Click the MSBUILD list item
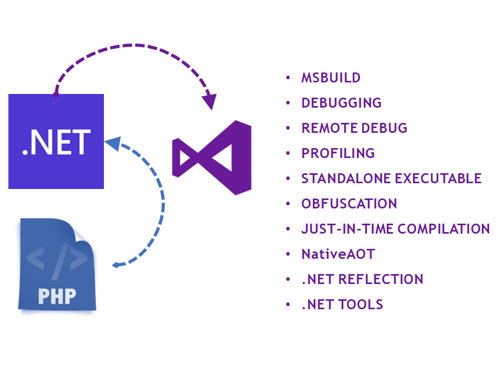pyautogui.click(x=331, y=78)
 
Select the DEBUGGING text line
pyautogui.click(x=341, y=103)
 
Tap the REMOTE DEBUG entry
pyautogui.click(x=354, y=128)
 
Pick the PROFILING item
pyautogui.click(x=338, y=153)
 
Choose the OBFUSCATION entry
pyautogui.click(x=349, y=204)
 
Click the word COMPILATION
pyautogui.click(x=444, y=229)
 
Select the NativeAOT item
pyautogui.click(x=338, y=254)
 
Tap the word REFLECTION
pyautogui.click(x=382, y=279)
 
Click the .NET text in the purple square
pyautogui.click(x=56, y=142)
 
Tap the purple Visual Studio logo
pyautogui.click(x=213, y=157)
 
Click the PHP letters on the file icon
pyautogui.click(x=57, y=296)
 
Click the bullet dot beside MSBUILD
pyautogui.click(x=288, y=78)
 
